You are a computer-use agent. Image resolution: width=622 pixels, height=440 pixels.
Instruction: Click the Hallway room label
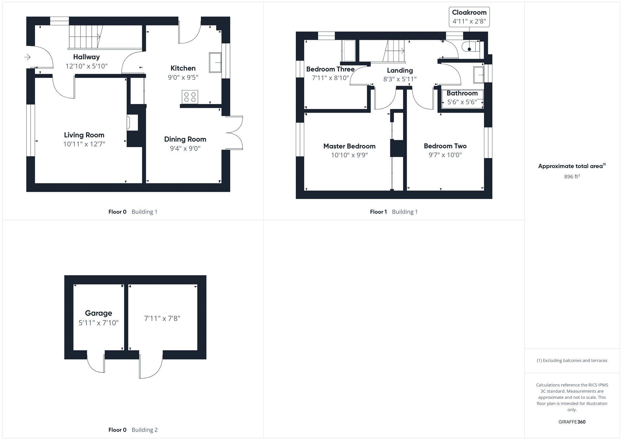tap(86, 57)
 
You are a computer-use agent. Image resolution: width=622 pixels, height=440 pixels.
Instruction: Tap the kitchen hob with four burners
tap(190, 97)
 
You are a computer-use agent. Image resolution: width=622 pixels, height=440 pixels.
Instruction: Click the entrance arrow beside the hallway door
tap(27, 57)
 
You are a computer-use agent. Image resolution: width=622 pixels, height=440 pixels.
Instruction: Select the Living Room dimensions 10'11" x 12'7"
tap(84, 144)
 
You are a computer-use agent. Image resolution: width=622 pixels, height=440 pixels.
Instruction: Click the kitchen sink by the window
tap(215, 63)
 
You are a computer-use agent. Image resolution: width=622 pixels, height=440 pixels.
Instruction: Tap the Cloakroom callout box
tap(469, 17)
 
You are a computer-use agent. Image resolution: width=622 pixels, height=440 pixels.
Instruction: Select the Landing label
tap(400, 71)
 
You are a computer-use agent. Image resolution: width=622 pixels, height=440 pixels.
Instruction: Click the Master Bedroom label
tap(349, 146)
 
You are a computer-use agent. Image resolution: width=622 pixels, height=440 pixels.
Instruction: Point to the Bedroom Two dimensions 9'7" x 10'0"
tap(445, 155)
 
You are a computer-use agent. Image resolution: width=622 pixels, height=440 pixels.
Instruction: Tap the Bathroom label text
tap(462, 93)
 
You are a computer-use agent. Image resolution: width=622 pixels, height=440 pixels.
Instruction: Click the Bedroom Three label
tap(330, 69)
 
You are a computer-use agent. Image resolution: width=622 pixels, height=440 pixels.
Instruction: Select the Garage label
tap(98, 313)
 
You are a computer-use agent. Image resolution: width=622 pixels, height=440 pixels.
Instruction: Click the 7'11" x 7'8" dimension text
tap(162, 318)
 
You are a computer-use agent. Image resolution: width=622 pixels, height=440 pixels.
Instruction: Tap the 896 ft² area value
tap(572, 177)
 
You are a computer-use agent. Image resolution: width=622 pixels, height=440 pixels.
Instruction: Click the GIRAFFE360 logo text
tap(572, 422)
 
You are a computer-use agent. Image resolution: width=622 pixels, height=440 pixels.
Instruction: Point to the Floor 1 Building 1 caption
tap(394, 212)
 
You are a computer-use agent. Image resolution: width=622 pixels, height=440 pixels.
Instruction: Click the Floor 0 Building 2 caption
tap(133, 430)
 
